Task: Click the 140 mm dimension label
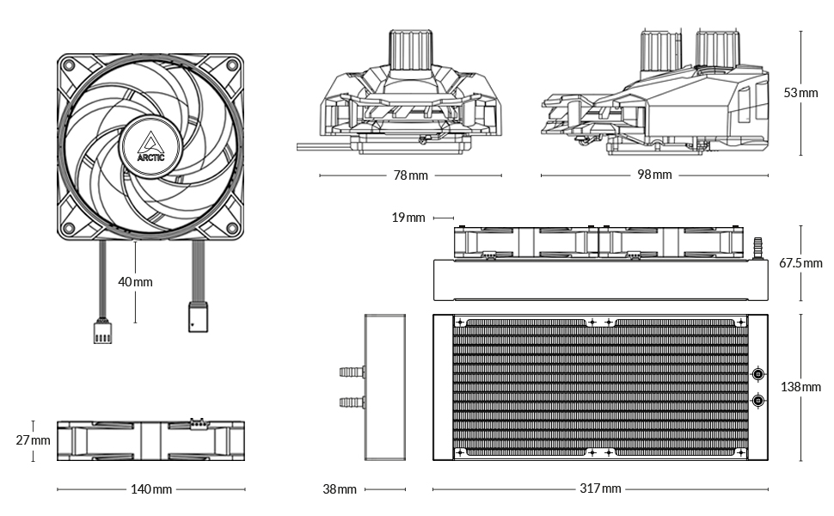(151, 488)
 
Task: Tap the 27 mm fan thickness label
(33, 440)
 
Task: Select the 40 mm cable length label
(135, 282)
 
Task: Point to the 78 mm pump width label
(411, 175)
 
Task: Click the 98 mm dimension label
(655, 175)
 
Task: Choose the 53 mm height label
(800, 93)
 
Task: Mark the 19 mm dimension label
(408, 218)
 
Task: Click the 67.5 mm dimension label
(800, 263)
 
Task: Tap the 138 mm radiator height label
(800, 387)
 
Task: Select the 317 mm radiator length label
(600, 488)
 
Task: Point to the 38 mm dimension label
(340, 488)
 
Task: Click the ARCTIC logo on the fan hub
(151, 146)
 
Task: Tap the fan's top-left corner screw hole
(69, 64)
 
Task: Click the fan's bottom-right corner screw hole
(232, 228)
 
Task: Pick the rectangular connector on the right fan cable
(198, 317)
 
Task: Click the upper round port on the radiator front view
(758, 374)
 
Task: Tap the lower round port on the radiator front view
(758, 400)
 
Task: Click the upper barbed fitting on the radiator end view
(353, 372)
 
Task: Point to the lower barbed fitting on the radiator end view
(353, 402)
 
